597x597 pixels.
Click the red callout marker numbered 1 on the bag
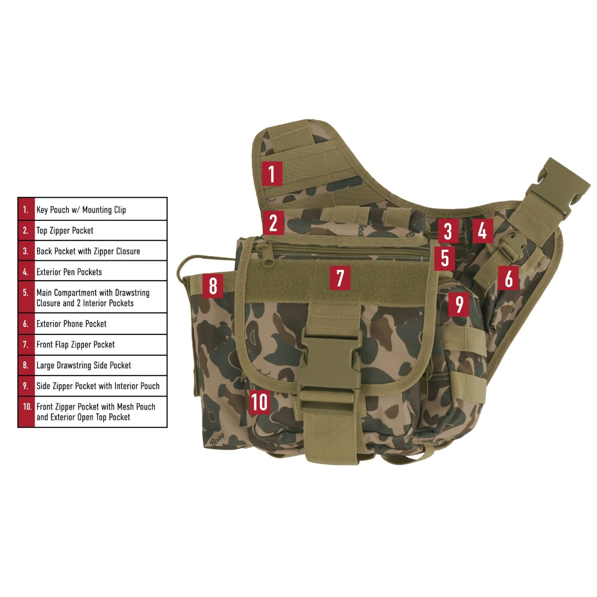coord(272,174)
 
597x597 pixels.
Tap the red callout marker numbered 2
coord(273,223)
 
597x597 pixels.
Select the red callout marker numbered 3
coord(447,231)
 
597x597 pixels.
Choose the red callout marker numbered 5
coord(444,258)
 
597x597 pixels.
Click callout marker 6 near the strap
coord(508,278)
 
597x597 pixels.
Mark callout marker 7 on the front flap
coord(340,278)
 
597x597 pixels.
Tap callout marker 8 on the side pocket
coord(213,285)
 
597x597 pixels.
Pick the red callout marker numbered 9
coord(458,304)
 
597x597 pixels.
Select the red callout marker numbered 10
coord(259,402)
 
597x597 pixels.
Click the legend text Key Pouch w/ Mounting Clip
coord(81,210)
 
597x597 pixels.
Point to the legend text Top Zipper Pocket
coord(65,230)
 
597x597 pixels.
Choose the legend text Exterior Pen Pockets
coord(69,272)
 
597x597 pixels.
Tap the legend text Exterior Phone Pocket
coord(72,324)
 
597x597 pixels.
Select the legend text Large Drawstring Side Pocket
coord(84,365)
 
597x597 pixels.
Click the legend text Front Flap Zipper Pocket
coord(76,344)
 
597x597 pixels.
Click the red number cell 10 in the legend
coord(26,412)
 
